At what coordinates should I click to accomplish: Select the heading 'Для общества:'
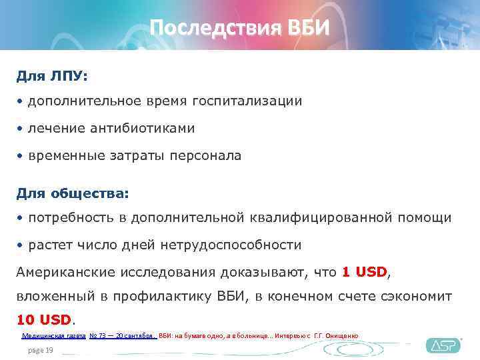73,193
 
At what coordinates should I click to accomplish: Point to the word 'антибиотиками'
149,128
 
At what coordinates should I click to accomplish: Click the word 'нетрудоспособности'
231,245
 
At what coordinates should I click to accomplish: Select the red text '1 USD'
364,272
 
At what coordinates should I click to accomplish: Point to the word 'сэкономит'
418,295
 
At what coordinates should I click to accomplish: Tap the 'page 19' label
40,350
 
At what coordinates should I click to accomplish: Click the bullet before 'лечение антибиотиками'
21,129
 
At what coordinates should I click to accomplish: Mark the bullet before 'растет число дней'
21,245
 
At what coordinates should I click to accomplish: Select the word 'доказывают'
253,272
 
